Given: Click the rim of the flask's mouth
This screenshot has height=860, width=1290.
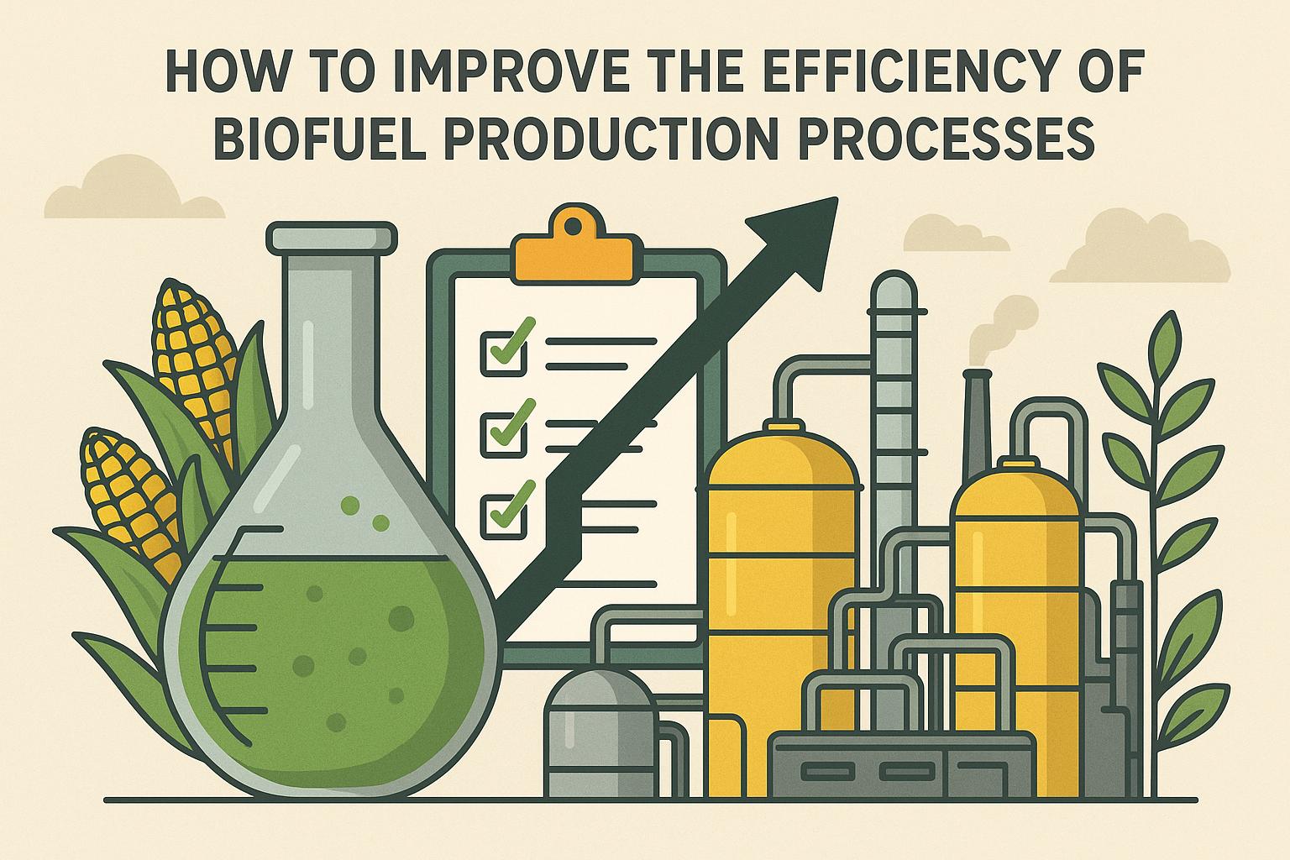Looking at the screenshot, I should (331, 236).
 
